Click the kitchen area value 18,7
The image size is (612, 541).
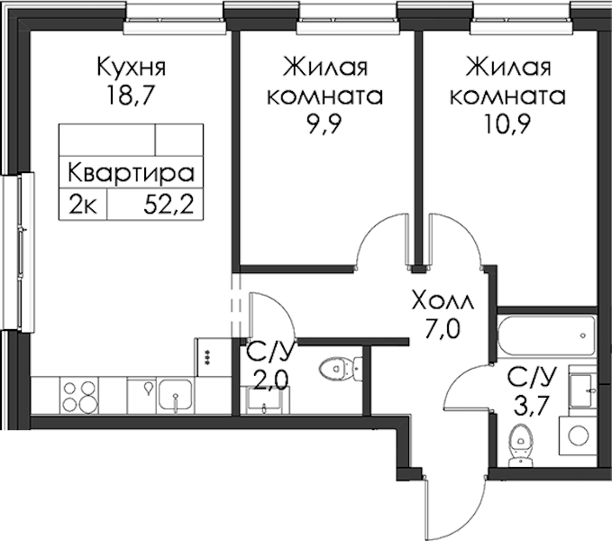pyautogui.click(x=128, y=96)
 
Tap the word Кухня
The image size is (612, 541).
pyautogui.click(x=132, y=67)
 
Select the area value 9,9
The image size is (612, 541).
pyautogui.click(x=324, y=124)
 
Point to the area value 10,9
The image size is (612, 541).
pyautogui.click(x=507, y=124)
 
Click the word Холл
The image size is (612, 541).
pyautogui.click(x=443, y=302)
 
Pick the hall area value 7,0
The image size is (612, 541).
pyautogui.click(x=443, y=329)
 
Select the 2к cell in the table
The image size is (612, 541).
pyautogui.click(x=83, y=205)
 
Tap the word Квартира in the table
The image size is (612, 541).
pyautogui.click(x=132, y=173)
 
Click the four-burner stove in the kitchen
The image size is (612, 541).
pyautogui.click(x=79, y=396)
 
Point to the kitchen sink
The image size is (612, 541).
pyautogui.click(x=175, y=396)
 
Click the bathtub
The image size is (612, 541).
pyautogui.click(x=547, y=335)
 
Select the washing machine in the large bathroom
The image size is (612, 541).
pyautogui.click(x=578, y=436)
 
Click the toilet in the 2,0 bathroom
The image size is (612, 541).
pyautogui.click(x=341, y=368)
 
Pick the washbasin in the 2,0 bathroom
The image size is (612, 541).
pyautogui.click(x=265, y=399)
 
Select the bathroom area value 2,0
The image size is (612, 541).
pyautogui.click(x=270, y=380)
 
